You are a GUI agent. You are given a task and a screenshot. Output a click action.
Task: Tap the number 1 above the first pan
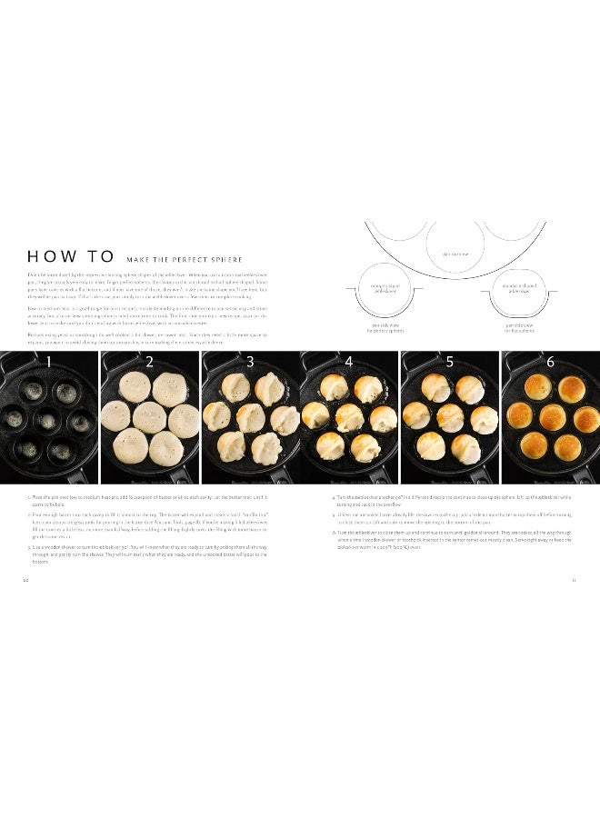(49, 362)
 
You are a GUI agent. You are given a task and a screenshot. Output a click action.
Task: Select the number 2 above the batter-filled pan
(149, 362)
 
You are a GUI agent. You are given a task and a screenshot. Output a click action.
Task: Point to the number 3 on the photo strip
(249, 362)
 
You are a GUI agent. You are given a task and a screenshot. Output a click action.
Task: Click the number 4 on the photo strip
(349, 362)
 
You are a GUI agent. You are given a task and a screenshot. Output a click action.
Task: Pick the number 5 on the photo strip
(449, 362)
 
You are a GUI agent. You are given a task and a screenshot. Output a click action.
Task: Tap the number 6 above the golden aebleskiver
(549, 362)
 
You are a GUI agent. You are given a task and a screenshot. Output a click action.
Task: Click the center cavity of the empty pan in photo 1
(49, 420)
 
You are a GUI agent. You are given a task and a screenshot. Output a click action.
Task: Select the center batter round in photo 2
(149, 418)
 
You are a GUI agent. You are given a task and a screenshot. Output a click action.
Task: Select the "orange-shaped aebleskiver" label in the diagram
(380, 288)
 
